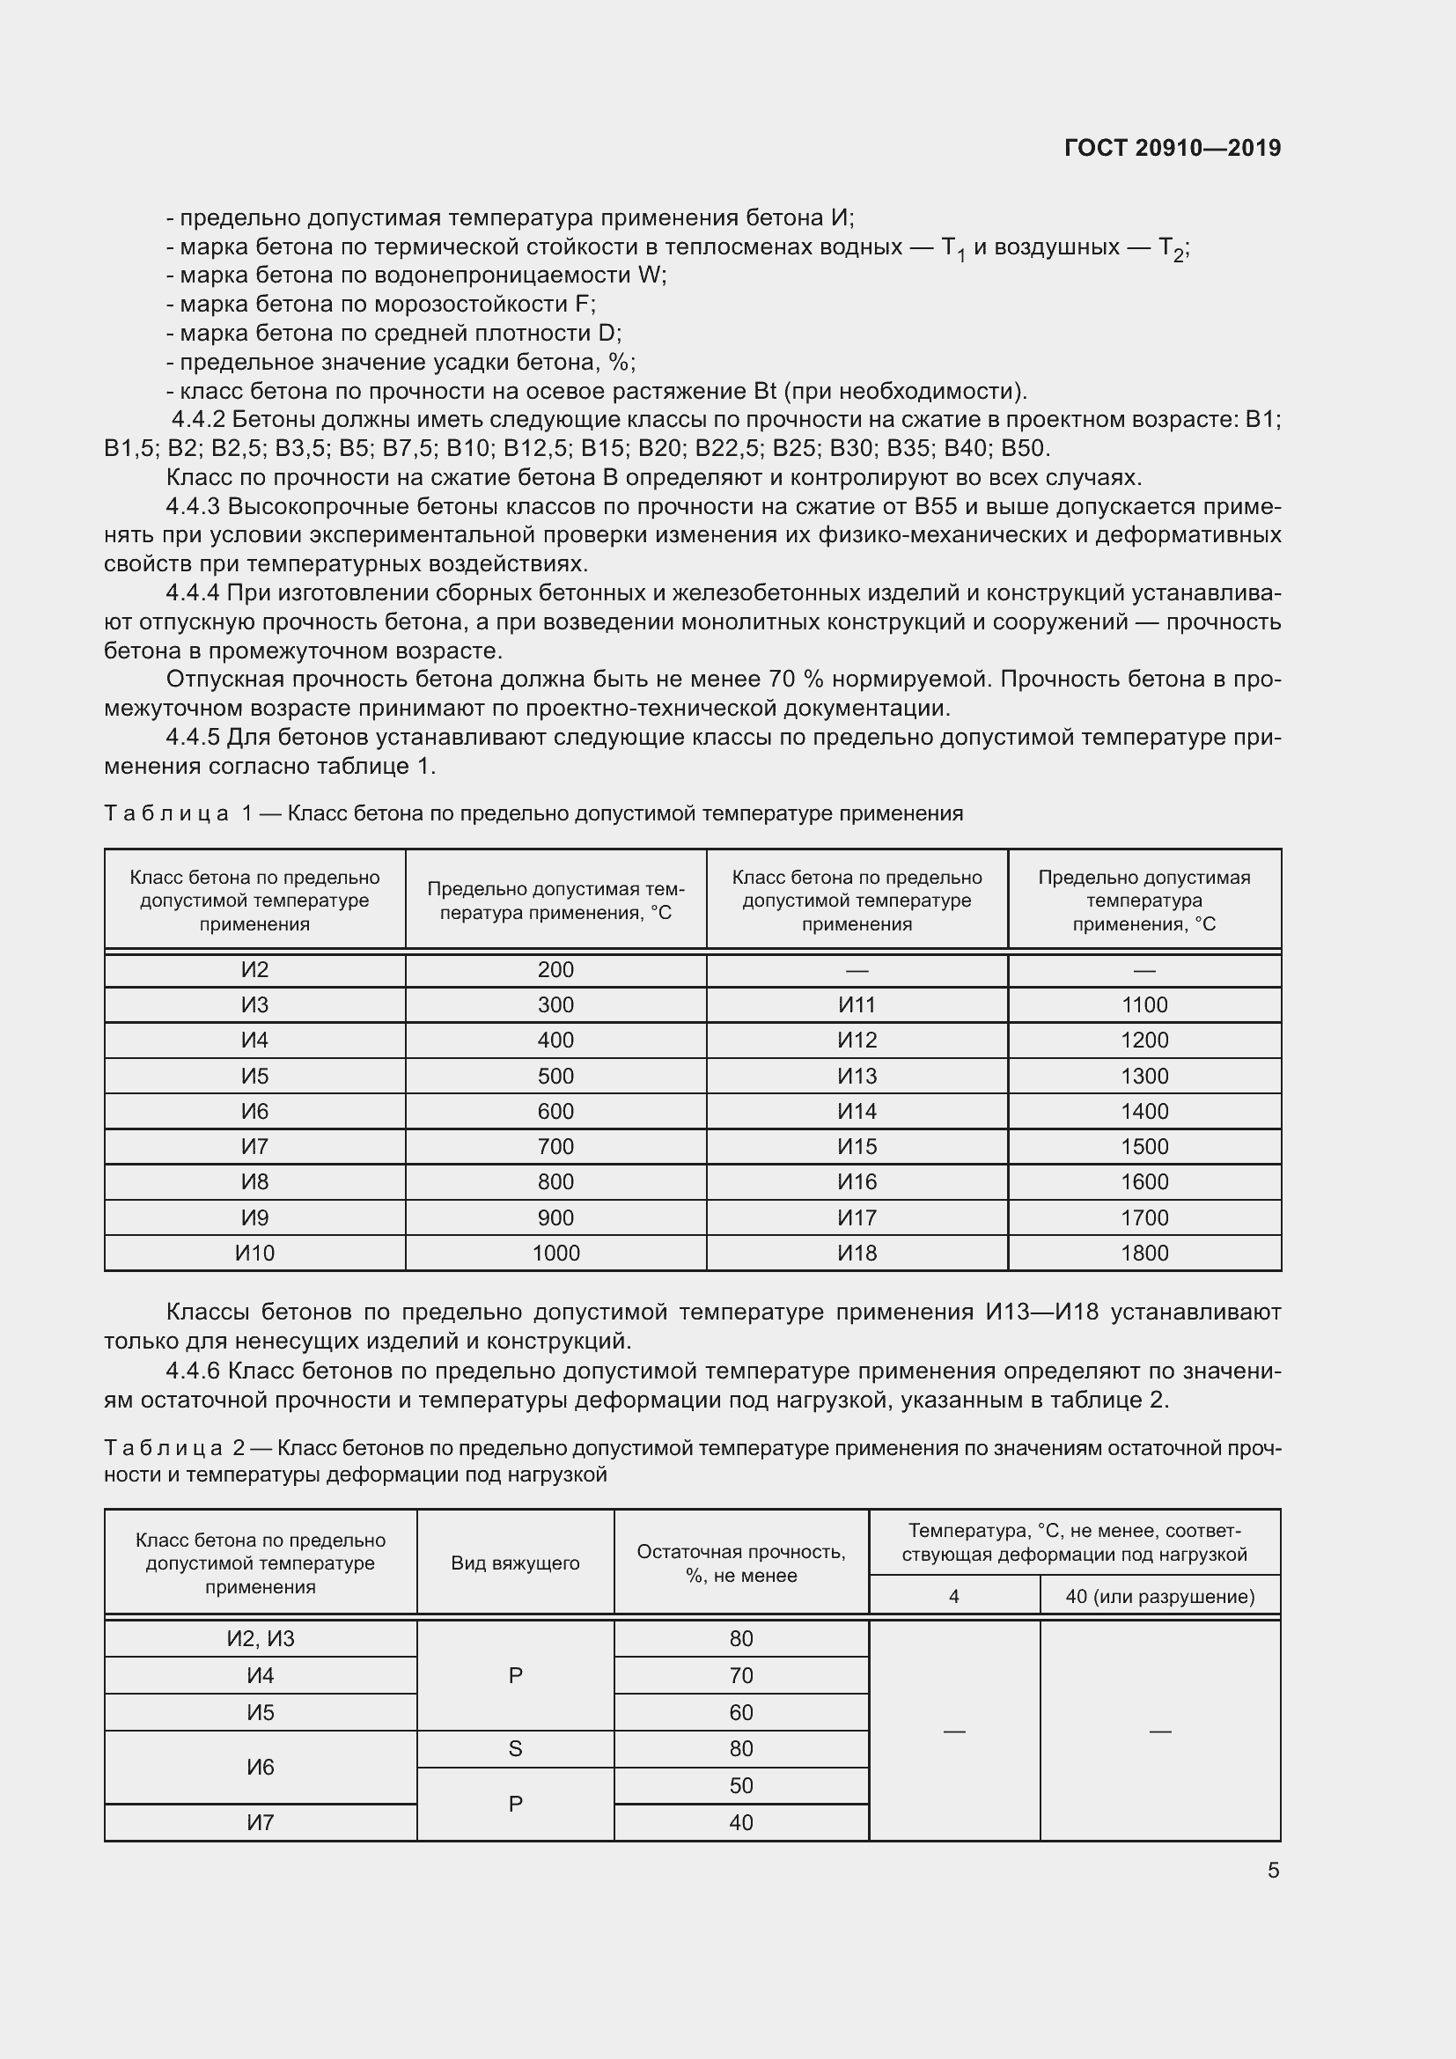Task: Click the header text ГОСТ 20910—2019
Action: pos(1172,148)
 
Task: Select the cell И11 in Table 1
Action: pos(857,1005)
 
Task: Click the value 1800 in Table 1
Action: pos(1144,1253)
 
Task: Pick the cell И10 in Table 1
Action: pos(254,1253)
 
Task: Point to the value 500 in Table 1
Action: pos(555,1076)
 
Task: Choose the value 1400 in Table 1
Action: pos(1144,1111)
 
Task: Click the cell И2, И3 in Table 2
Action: pos(260,1638)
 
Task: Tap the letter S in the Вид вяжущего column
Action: pos(516,1748)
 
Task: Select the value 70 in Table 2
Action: pos(740,1675)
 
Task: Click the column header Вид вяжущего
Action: pos(516,1563)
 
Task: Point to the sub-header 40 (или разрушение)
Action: pos(1159,1596)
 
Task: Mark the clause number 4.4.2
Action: pos(198,420)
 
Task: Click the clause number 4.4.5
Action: pos(193,737)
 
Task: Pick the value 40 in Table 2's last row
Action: pos(740,1822)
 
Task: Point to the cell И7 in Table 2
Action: pos(260,1822)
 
